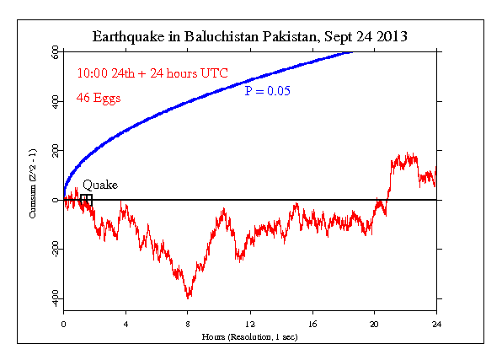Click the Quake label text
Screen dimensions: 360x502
pyautogui.click(x=99, y=185)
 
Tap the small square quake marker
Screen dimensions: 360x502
pyautogui.click(x=86, y=199)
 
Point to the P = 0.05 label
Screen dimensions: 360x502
pyautogui.click(x=267, y=91)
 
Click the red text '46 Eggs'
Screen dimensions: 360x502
pyautogui.click(x=99, y=98)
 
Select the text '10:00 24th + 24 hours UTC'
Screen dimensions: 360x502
pyautogui.click(x=152, y=73)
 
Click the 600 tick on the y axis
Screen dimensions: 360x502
pyautogui.click(x=54, y=52)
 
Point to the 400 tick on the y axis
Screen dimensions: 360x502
pyautogui.click(x=54, y=101)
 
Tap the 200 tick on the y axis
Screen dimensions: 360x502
pyautogui.click(x=54, y=150)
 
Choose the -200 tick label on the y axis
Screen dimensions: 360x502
pyautogui.click(x=52, y=250)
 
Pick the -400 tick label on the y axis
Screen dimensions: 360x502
pyautogui.click(x=52, y=298)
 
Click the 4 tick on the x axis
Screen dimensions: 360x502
pyautogui.click(x=125, y=324)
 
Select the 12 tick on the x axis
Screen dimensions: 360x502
pyautogui.click(x=250, y=324)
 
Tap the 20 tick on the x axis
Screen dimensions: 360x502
pyautogui.click(x=374, y=324)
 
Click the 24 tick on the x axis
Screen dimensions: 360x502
pyautogui.click(x=436, y=324)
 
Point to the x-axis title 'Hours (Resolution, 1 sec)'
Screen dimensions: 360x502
pyautogui.click(x=249, y=336)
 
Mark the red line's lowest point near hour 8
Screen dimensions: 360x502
pyautogui.click(x=188, y=298)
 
